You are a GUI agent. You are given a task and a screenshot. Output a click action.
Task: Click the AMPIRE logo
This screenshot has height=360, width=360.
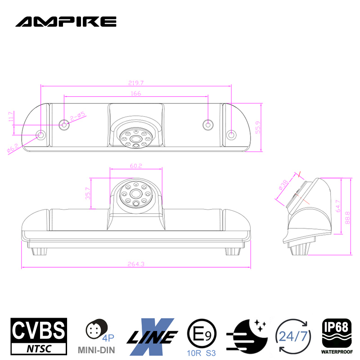[x=66, y=21]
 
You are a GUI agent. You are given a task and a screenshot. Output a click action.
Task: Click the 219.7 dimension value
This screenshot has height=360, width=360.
[x=135, y=82]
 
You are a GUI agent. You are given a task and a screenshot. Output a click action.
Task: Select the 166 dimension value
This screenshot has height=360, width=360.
[x=136, y=93]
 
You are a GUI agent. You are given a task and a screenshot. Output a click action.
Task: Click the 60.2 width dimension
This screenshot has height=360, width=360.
[x=136, y=166]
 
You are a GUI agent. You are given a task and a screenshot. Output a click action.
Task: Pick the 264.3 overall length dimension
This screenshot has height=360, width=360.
[x=136, y=264]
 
